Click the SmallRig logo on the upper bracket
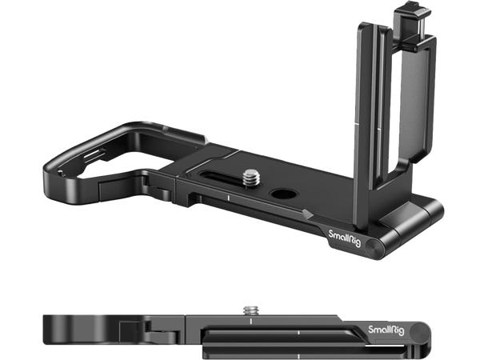click(x=345, y=238)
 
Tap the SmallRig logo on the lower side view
click(x=386, y=330)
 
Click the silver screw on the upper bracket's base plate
click(x=251, y=178)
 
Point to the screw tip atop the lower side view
click(x=251, y=310)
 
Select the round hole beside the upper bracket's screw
click(x=283, y=194)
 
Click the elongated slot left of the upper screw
click(x=220, y=177)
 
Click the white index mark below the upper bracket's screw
click(x=229, y=198)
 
